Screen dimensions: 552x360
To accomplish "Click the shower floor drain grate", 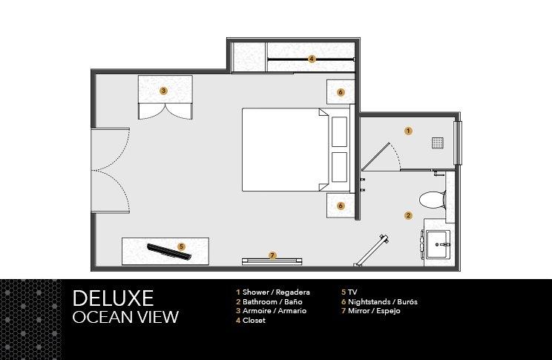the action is tap(438, 143).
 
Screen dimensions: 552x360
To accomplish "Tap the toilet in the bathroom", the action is tap(433, 200).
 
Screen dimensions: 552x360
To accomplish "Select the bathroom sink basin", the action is tap(438, 244).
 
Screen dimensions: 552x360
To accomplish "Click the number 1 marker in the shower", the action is tap(408, 131).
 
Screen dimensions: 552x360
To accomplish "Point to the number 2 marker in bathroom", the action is tap(408, 215).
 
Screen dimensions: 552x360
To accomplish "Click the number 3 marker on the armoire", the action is tap(163, 91).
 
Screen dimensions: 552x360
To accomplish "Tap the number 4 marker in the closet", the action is tap(311, 59).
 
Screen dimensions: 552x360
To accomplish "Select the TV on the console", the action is tap(169, 252).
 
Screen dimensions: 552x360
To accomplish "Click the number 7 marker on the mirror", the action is tap(272, 256).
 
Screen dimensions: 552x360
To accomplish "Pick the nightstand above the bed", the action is tap(340, 92).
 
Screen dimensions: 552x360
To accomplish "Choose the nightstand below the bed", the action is tap(340, 206).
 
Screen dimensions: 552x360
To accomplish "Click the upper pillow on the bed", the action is tap(339, 131).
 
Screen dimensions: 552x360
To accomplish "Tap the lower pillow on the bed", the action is tap(339, 167).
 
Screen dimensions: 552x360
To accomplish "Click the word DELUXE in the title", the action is tap(113, 298).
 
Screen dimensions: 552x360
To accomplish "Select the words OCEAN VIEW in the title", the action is tap(125, 317).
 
